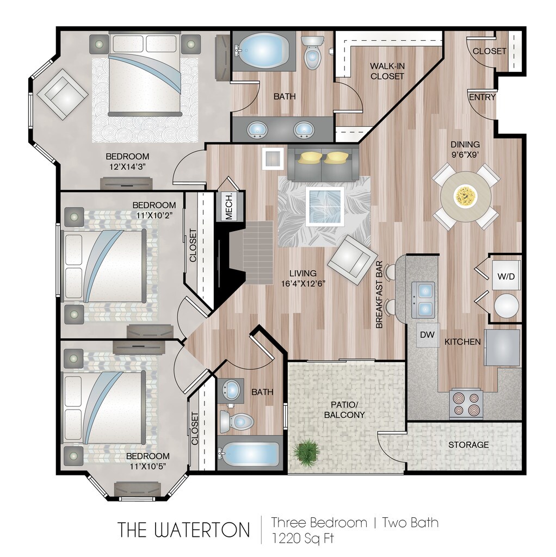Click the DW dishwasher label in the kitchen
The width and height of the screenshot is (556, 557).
pos(428,336)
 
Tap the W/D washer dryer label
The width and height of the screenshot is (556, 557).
pos(506,276)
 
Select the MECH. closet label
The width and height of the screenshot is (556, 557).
pos(229,207)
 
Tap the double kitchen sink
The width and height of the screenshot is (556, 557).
pos(423,299)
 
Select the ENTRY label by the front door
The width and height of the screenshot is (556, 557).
pos(482,97)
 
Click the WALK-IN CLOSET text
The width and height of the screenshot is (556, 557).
pos(387,71)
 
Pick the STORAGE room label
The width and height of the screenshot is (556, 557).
pos(468,444)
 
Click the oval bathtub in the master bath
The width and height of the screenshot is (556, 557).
pos(263,51)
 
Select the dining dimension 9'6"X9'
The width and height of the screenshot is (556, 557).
pos(465,154)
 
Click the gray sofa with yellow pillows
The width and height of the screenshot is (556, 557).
pos(323,163)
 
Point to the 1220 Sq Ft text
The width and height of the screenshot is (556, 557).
pos(302,539)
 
